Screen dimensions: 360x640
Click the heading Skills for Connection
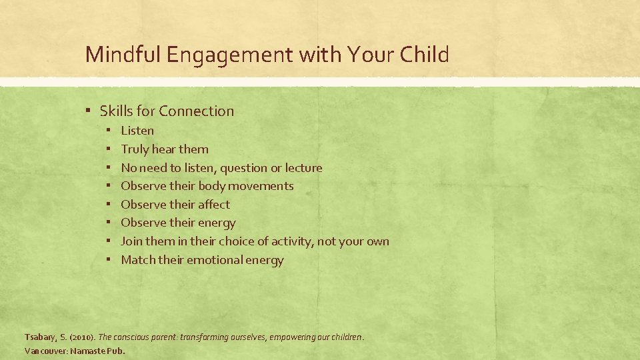point(167,111)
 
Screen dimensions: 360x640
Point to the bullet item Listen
point(137,131)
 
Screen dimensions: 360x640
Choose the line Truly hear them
point(164,149)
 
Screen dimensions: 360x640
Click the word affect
point(213,205)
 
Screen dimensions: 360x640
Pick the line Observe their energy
point(178,223)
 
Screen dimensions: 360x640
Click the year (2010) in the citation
point(82,337)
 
